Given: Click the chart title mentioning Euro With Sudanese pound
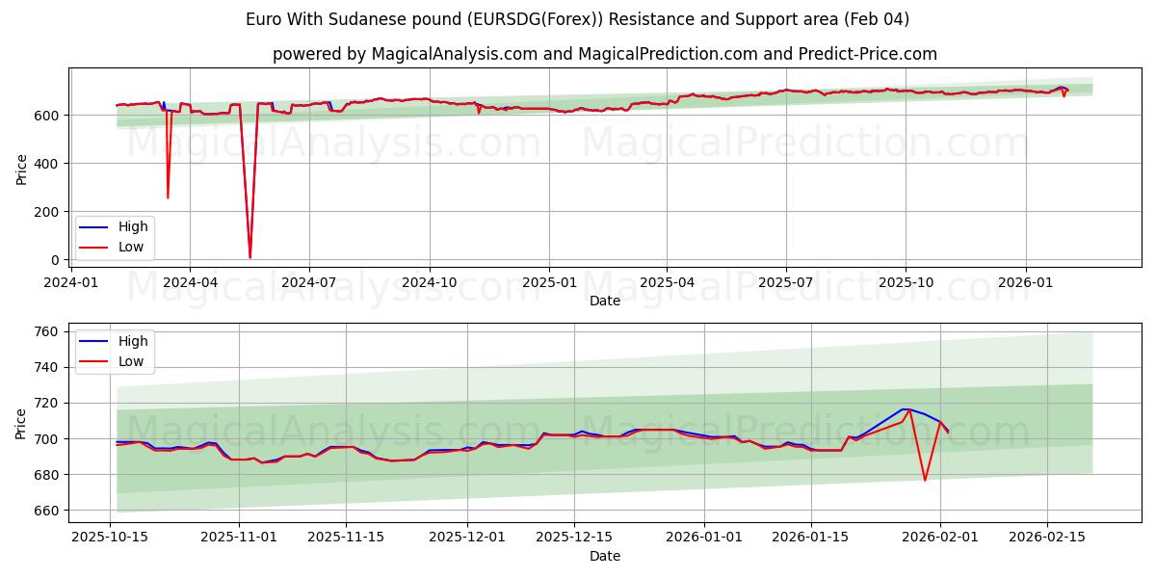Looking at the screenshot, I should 577,19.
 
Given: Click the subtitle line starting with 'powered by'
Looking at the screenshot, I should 604,54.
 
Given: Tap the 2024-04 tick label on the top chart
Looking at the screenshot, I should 190,282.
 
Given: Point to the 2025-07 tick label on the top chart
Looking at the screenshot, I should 785,282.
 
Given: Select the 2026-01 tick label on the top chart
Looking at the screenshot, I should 1025,282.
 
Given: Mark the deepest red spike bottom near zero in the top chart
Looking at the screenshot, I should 250,257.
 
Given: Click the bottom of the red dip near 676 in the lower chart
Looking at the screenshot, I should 925,480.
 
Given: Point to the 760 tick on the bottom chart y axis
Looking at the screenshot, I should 45,331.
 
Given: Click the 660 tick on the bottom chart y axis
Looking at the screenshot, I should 45,511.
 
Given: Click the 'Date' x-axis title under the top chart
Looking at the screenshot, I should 604,301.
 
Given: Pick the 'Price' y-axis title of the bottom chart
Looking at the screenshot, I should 21,424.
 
